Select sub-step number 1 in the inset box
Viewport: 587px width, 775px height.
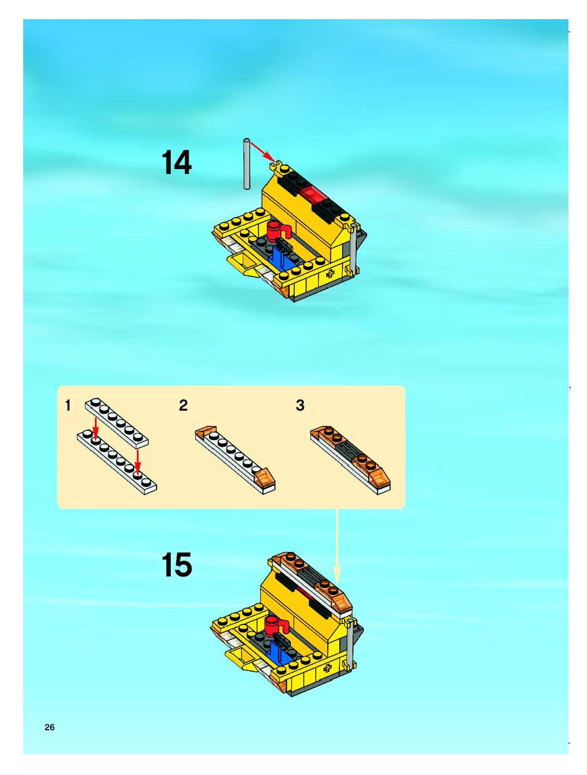tap(68, 405)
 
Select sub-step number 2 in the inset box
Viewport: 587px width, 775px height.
tap(183, 405)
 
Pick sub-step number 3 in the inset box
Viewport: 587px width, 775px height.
tap(300, 405)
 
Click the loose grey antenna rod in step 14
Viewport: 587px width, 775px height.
tap(247, 164)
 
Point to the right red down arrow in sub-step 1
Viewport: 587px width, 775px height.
tap(138, 461)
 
